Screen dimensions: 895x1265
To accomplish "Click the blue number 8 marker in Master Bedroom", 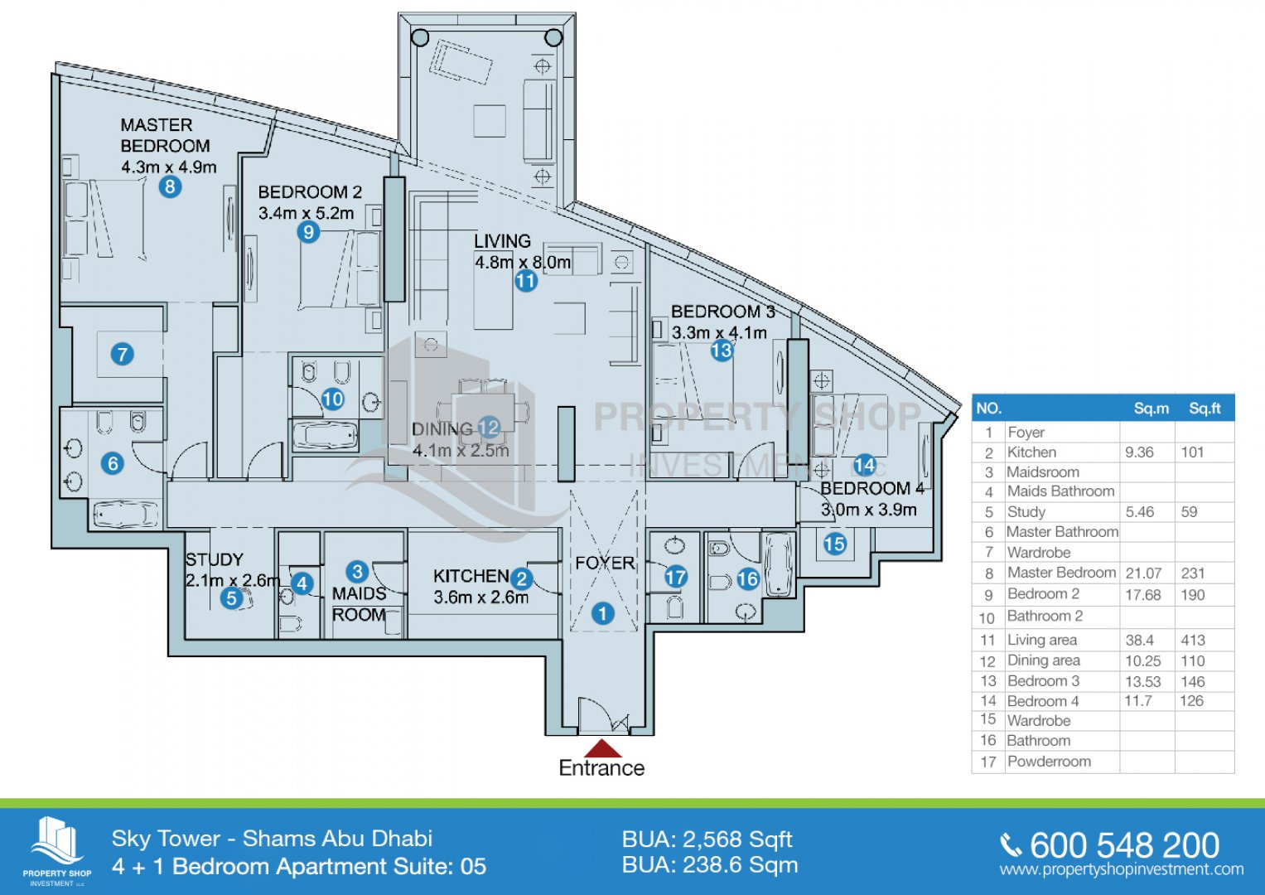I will click(170, 186).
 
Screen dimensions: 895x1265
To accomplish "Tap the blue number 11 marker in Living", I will click(526, 281).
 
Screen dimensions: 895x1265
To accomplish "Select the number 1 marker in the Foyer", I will click(603, 613).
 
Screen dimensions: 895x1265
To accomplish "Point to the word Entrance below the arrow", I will click(601, 768).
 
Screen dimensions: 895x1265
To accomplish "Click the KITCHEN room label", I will click(471, 576).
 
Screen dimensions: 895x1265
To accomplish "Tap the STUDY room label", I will click(215, 559).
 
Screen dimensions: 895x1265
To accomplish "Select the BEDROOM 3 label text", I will click(722, 312).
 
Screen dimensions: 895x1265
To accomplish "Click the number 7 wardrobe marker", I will click(123, 355).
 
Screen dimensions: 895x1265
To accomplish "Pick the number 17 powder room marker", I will click(676, 577).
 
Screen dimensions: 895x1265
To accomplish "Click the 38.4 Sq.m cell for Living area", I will click(1140, 640).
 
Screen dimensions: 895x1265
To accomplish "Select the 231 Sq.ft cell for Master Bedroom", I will click(1193, 573).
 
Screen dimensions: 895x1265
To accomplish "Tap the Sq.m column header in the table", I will click(1152, 409).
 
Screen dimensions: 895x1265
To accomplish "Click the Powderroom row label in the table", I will click(1049, 762).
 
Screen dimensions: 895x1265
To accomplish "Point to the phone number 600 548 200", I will click(1124, 845).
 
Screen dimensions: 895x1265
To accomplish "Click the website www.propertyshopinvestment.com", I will click(1122, 870).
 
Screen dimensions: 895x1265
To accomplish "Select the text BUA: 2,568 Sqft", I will click(707, 839).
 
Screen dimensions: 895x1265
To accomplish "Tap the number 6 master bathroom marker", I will click(113, 463).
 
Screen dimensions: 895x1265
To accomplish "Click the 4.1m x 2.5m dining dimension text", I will click(461, 451).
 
